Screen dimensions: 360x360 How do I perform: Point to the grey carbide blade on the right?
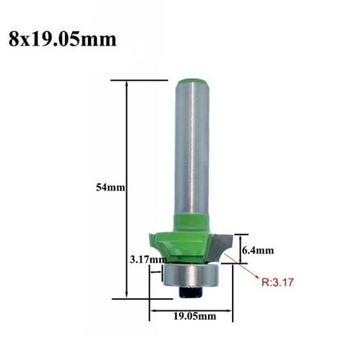click(220, 241)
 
